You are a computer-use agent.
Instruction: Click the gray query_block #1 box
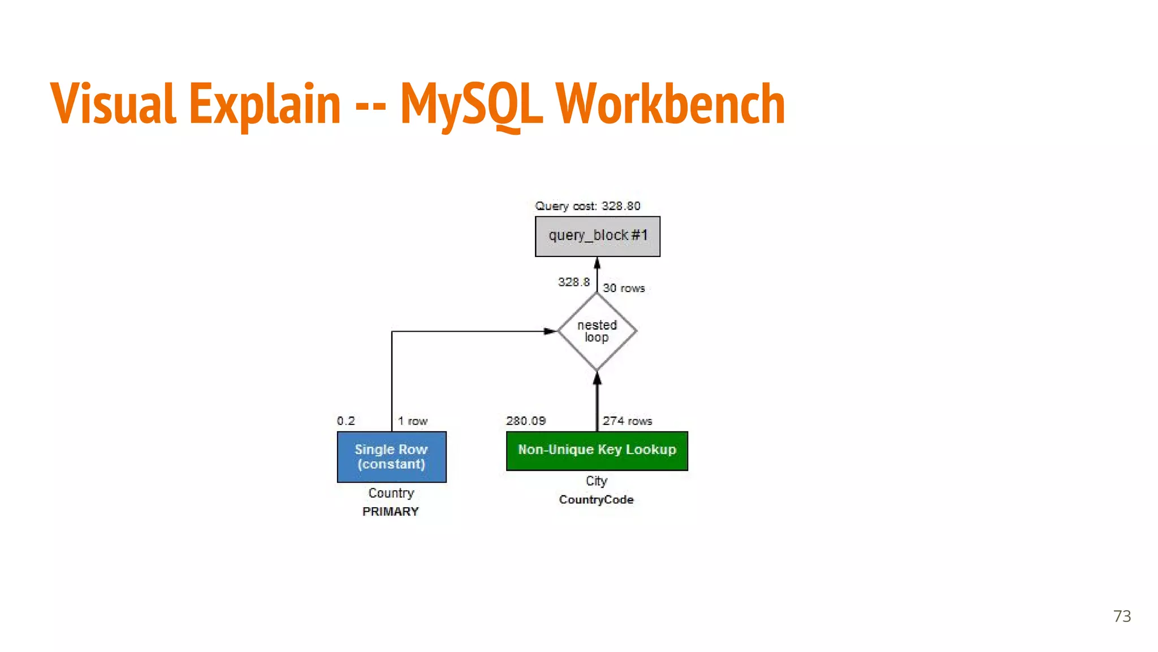click(597, 236)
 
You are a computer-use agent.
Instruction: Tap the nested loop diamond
click(597, 331)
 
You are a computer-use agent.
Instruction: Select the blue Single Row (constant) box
click(391, 457)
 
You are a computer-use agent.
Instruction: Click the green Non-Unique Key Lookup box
click(597, 451)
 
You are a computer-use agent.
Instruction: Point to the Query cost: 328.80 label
click(587, 206)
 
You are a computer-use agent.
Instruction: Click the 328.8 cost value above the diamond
click(573, 282)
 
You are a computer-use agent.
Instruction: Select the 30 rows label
click(624, 288)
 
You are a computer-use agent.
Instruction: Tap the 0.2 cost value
click(345, 421)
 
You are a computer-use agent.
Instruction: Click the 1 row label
click(412, 421)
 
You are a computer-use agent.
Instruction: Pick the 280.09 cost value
click(526, 421)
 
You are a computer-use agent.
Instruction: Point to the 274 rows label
click(627, 421)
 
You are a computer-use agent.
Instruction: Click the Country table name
click(391, 493)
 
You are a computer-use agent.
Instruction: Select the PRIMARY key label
click(391, 512)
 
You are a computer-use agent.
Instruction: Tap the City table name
click(597, 481)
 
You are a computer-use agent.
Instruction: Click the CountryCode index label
click(597, 500)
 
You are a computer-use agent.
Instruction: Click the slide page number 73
click(1122, 616)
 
